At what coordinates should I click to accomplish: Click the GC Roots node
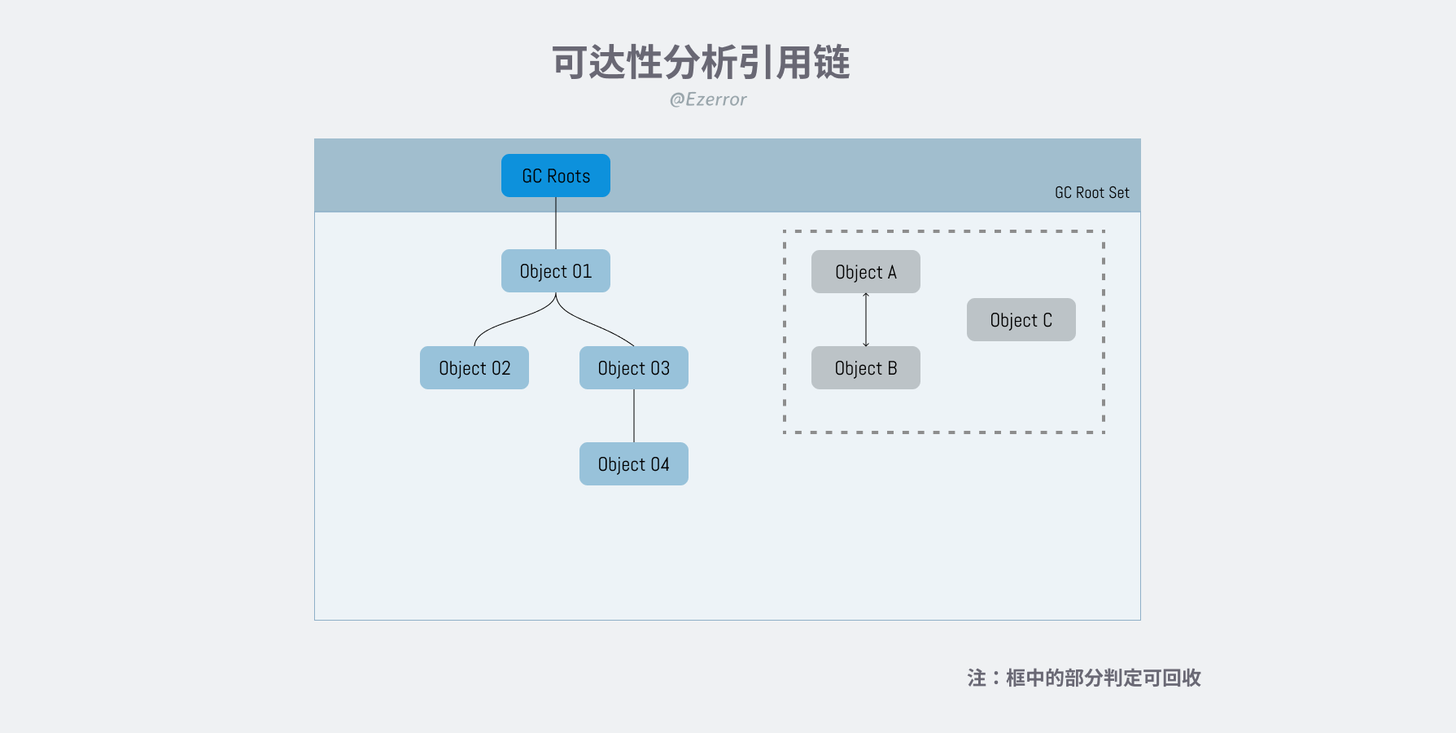pyautogui.click(x=556, y=175)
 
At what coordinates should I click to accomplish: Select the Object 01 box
pyautogui.click(x=556, y=270)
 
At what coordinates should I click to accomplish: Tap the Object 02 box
pyautogui.click(x=474, y=367)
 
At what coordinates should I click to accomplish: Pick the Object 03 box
pyautogui.click(x=634, y=367)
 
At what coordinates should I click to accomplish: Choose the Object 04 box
pyautogui.click(x=634, y=463)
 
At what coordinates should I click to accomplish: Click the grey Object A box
pyautogui.click(x=866, y=271)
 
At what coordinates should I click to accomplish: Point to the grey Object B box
pyautogui.click(x=866, y=367)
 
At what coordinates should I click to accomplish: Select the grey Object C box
pyautogui.click(x=1021, y=319)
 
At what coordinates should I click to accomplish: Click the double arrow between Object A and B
pyautogui.click(x=866, y=319)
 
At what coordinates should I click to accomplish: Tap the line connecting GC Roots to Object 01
pyautogui.click(x=556, y=223)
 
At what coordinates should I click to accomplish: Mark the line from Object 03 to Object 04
pyautogui.click(x=634, y=415)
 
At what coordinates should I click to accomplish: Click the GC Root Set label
pyautogui.click(x=1092, y=193)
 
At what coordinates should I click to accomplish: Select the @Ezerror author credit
pyautogui.click(x=707, y=99)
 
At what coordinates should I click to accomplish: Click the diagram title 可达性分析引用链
pyautogui.click(x=701, y=63)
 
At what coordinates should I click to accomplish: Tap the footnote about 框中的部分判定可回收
pyautogui.click(x=1084, y=678)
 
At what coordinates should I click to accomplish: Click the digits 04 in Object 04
pyautogui.click(x=660, y=464)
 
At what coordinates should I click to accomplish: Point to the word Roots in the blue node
pyautogui.click(x=568, y=176)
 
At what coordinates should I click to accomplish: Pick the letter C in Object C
pyautogui.click(x=1047, y=320)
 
